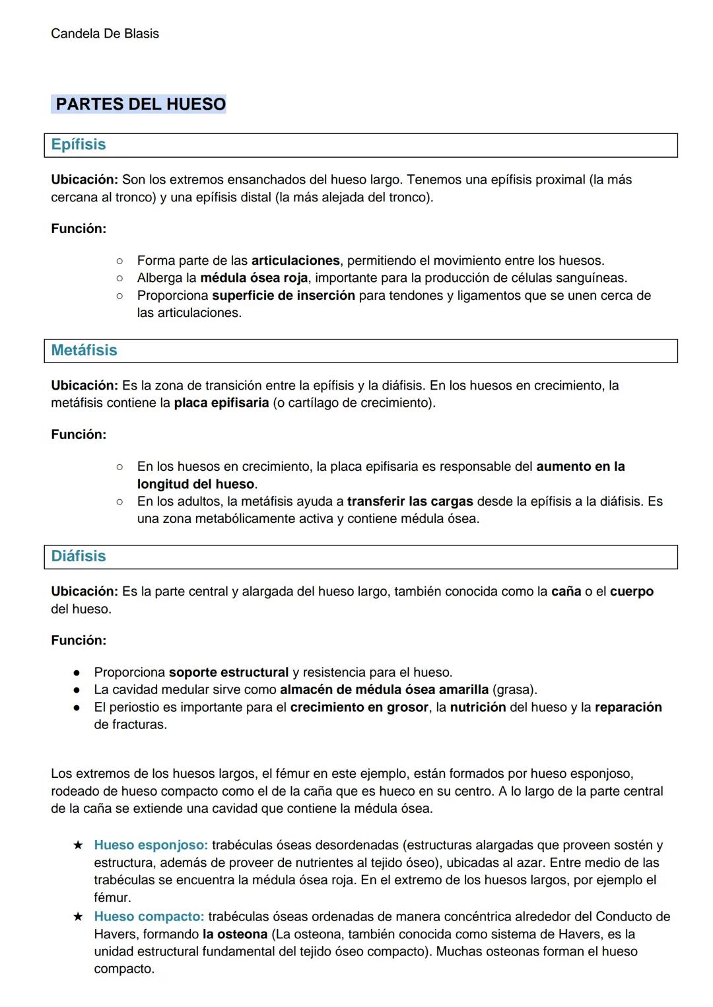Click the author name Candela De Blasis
coord(104,34)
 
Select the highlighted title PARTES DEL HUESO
coord(140,104)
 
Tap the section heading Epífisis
coord(79,145)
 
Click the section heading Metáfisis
coord(84,351)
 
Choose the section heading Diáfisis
coord(79,556)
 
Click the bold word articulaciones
coord(295,261)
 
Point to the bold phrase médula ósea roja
coord(254,278)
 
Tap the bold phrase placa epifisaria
coord(221,403)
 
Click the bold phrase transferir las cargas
coord(410,501)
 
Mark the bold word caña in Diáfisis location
coord(566,592)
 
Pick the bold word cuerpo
coord(631,592)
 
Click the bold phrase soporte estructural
coord(228,672)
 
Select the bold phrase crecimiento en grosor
coord(359,707)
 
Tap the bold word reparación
coord(628,707)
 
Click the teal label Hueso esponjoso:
coord(151,845)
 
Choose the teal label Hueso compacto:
coord(149,917)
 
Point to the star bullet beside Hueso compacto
coord(78,917)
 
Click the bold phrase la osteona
coord(234,934)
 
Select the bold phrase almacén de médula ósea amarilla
coord(384,690)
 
